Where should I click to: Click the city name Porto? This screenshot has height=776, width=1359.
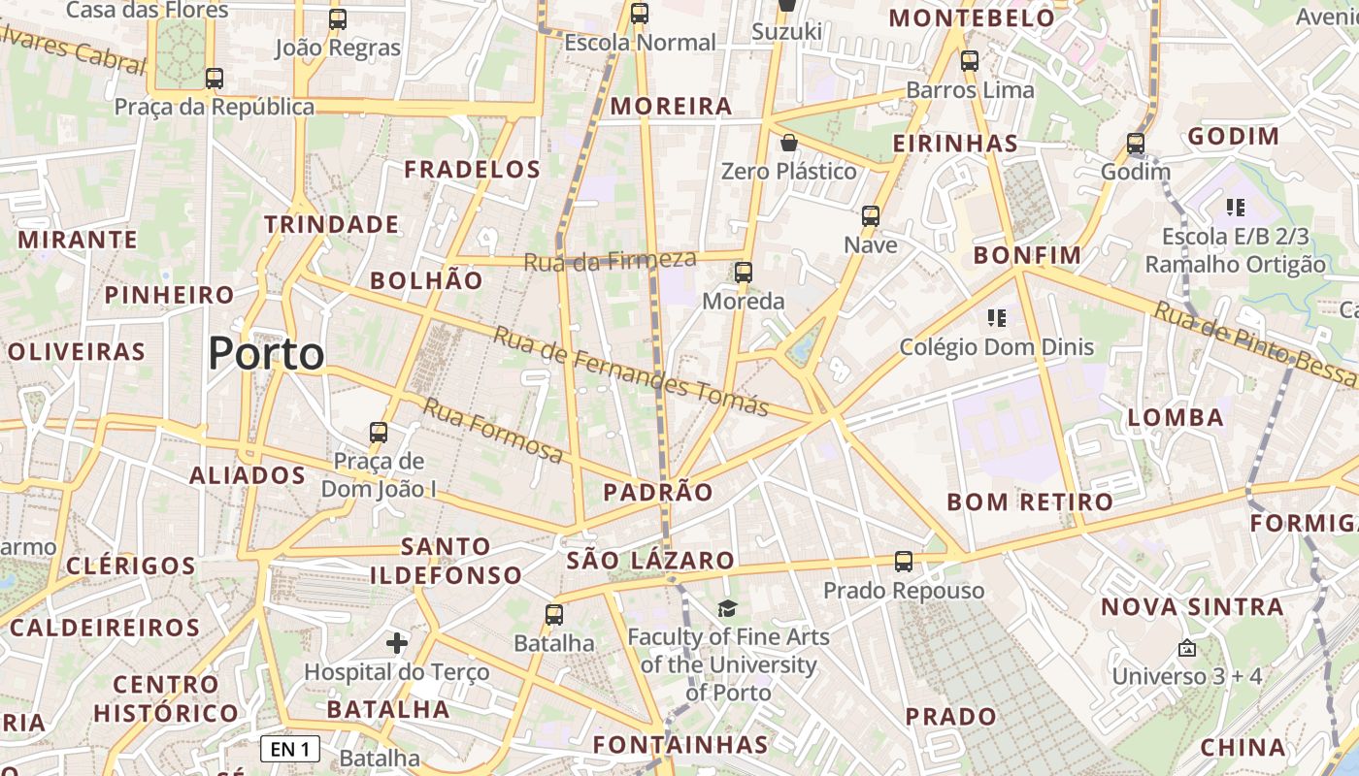click(x=266, y=354)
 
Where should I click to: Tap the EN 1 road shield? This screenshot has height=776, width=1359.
click(x=290, y=749)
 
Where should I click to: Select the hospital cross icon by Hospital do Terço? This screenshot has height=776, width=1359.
click(x=397, y=643)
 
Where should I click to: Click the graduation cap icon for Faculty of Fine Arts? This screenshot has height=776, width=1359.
click(x=727, y=608)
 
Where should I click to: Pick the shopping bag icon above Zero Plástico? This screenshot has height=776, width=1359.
click(x=789, y=144)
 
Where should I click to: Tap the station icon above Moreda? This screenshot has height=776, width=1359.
click(x=744, y=273)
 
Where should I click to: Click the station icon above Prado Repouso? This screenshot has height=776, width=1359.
click(x=904, y=562)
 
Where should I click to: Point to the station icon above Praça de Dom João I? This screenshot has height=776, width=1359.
click(x=379, y=433)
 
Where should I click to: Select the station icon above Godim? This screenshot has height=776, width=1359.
click(x=1136, y=144)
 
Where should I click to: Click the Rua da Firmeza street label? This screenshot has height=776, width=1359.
click(x=611, y=260)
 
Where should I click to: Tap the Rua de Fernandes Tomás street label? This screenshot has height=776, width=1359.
click(x=631, y=372)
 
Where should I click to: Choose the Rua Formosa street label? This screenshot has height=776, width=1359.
click(x=492, y=431)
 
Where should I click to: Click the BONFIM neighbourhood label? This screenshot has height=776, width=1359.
click(x=1027, y=256)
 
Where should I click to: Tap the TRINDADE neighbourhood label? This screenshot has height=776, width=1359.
click(x=332, y=225)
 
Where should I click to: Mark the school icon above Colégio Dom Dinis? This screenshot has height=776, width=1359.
click(x=996, y=317)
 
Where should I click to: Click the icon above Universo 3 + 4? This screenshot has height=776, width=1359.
click(x=1186, y=648)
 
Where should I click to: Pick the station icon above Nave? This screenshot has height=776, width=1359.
click(x=871, y=216)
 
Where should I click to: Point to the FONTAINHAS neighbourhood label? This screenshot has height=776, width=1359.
click(x=680, y=745)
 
